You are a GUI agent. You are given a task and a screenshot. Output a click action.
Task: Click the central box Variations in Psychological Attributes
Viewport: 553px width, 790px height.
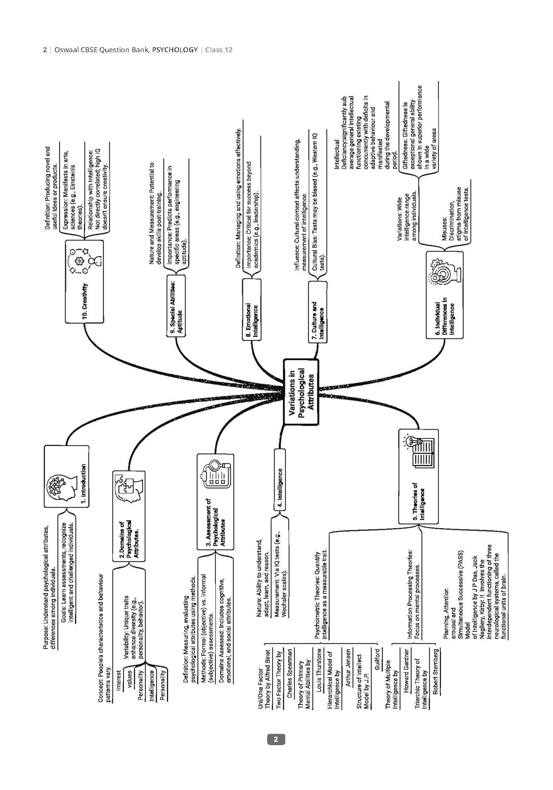tap(301, 391)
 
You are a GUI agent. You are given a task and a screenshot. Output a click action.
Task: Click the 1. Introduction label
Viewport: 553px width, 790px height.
tap(84, 484)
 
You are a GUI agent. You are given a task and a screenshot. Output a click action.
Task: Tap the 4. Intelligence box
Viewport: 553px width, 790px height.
tap(280, 488)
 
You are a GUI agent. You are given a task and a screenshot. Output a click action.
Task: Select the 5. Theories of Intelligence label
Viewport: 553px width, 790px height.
tap(418, 501)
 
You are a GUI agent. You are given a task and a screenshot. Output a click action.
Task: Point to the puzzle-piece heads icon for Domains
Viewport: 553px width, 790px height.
tap(129, 489)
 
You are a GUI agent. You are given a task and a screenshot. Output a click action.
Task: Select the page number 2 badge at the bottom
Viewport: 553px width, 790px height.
tap(276, 739)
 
